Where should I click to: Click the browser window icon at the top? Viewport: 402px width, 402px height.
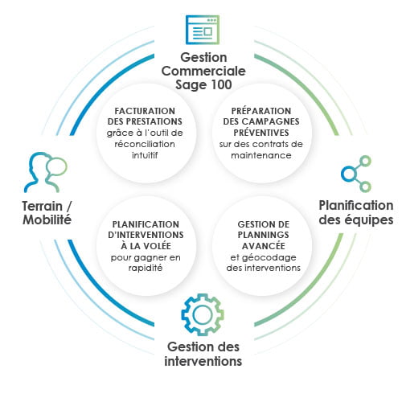coord(203,30)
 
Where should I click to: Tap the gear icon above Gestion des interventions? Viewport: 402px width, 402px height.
coord(203,314)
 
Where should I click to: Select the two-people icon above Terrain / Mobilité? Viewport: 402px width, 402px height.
coord(46,172)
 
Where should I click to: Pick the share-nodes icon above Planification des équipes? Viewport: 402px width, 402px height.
coord(356,174)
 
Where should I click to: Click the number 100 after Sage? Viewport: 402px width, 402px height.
coord(221,84)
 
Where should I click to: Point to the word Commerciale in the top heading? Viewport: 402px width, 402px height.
coord(203,71)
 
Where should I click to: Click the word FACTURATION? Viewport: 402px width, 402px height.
coord(145,111)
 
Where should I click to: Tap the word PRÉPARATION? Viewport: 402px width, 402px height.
coord(261,111)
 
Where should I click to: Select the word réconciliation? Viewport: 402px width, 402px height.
coord(145,144)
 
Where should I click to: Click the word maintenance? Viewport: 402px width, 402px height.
coord(261,155)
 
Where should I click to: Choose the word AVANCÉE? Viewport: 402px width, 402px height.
coord(264,245)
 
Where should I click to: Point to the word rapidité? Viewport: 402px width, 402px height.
coord(146,268)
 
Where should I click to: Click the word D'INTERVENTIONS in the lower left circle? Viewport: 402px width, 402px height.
coord(146,235)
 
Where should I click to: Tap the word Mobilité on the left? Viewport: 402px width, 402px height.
coord(47,219)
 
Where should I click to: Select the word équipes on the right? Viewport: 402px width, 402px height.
coord(369,220)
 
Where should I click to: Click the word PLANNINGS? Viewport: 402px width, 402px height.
coord(264,235)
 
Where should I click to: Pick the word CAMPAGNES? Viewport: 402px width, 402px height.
coord(270,121)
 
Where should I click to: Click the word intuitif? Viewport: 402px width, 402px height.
coord(145,155)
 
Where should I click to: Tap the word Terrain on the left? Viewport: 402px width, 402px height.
coord(43,207)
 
